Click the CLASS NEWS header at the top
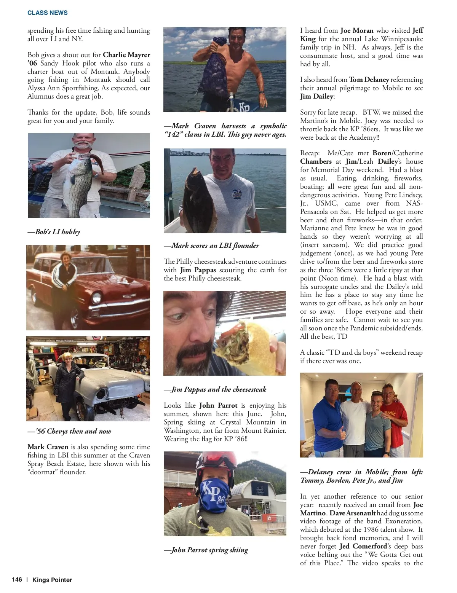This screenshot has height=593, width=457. coord(47,13)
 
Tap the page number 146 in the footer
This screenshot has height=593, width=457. coord(17,580)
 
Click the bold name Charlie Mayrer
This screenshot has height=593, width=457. coord(126,55)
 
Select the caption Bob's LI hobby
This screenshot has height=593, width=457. coord(54,232)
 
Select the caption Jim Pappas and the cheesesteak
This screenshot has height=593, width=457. coord(215,389)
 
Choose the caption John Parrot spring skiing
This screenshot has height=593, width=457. coord(206,550)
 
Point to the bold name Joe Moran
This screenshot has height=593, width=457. coord(357,30)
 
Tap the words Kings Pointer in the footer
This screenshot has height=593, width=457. coord(52,580)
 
